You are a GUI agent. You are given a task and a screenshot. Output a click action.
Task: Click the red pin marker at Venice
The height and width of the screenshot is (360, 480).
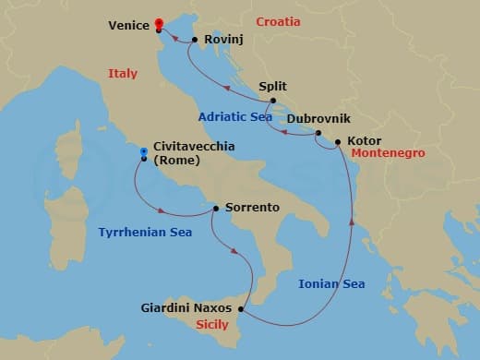coord(159,22)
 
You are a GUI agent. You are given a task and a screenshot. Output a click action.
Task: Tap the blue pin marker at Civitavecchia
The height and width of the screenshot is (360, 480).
coord(143,150)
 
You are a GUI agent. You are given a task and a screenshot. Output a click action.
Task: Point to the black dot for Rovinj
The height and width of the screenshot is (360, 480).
coord(195,39)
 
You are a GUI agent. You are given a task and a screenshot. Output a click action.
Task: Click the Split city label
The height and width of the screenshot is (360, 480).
coord(273,84)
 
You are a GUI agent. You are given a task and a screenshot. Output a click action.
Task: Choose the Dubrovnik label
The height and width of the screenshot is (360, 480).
coord(319,119)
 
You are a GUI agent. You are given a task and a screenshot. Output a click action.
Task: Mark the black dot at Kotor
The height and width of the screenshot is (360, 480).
coord(338,142)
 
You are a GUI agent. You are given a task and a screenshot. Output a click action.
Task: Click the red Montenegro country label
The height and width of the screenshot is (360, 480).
coord(388,153)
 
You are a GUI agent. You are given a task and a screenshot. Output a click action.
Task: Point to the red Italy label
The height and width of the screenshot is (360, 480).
coord(122,74)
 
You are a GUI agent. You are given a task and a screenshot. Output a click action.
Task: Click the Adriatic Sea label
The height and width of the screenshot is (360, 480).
coord(235,117)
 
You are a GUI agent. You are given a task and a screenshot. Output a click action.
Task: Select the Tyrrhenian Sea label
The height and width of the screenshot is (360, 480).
coord(145,233)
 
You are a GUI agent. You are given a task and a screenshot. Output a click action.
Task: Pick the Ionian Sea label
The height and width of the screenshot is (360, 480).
coord(331,284)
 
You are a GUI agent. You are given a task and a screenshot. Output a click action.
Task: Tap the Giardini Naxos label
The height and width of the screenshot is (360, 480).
coord(187,306)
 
